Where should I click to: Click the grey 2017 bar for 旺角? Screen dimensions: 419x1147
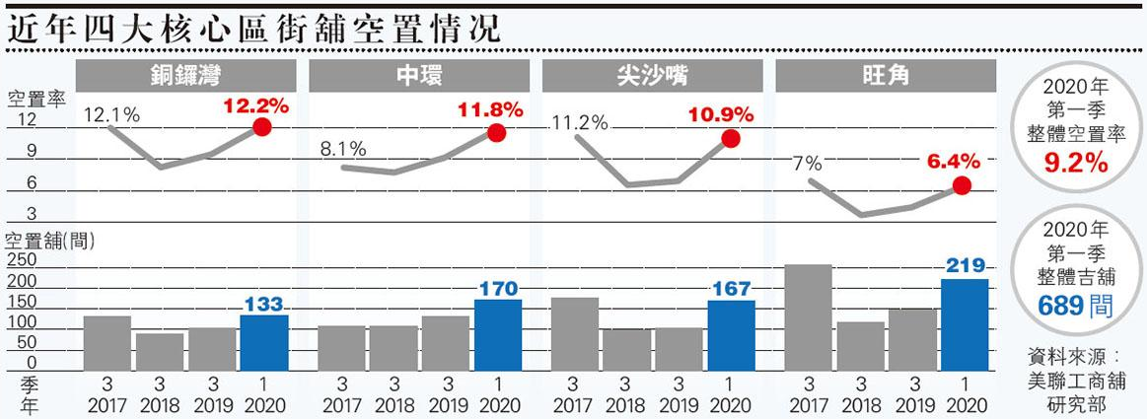coord(808,316)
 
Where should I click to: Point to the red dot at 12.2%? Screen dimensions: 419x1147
coord(262,127)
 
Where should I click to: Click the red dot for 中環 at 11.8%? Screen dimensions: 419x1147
coord(496,133)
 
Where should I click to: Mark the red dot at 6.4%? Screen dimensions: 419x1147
coord(963,185)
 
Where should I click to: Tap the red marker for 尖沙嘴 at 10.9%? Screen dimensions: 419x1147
coord(730,139)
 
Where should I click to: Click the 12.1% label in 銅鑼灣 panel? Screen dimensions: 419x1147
coord(111,114)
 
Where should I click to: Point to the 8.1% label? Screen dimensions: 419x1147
coord(343,150)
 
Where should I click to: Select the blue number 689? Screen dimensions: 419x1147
coord(1059,307)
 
